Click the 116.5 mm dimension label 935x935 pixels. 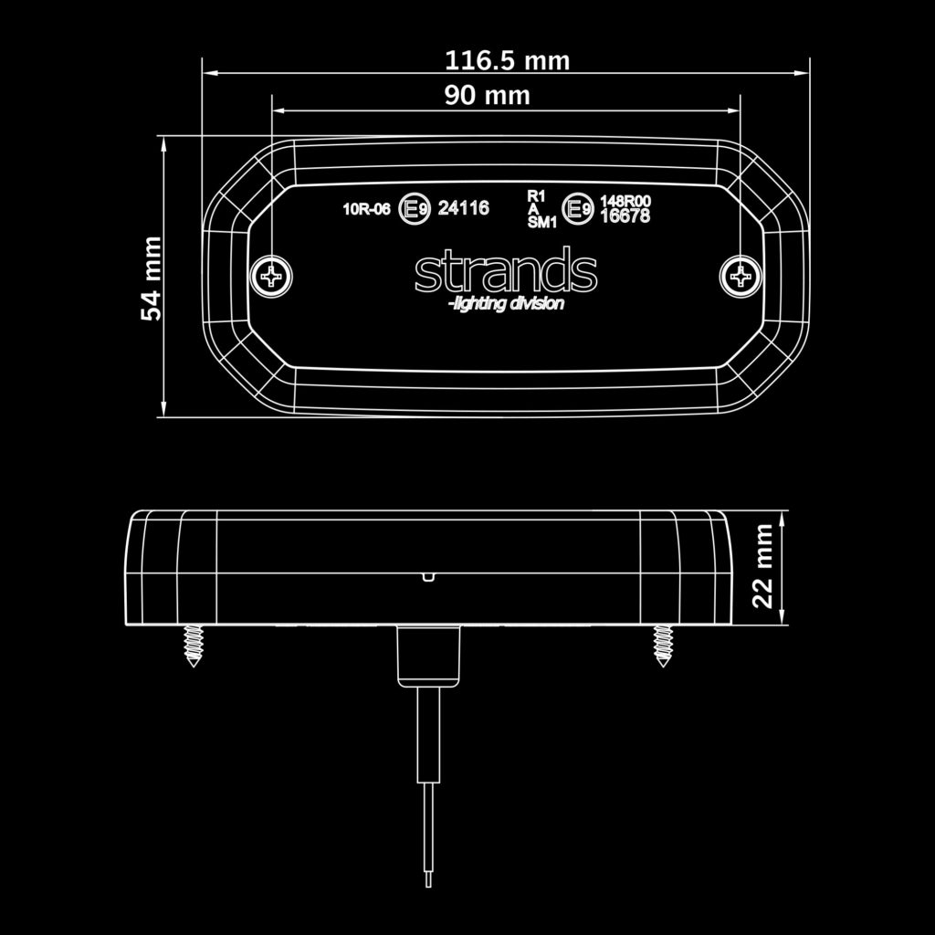pyautogui.click(x=507, y=61)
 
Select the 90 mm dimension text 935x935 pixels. pyautogui.click(x=487, y=95)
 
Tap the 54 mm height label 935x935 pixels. pyautogui.click(x=152, y=278)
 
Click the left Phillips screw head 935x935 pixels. pyautogui.click(x=272, y=275)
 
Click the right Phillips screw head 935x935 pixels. pyautogui.click(x=739, y=275)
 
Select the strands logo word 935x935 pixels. pyautogui.click(x=506, y=271)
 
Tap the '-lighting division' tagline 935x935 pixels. pyautogui.click(x=506, y=304)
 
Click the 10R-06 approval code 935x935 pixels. pyautogui.click(x=366, y=209)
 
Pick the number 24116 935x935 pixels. pyautogui.click(x=464, y=208)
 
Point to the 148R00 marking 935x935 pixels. pyautogui.click(x=624, y=202)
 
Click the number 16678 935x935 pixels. pyautogui.click(x=624, y=216)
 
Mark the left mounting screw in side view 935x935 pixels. pyautogui.click(x=193, y=646)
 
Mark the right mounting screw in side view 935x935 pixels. pyautogui.click(x=662, y=646)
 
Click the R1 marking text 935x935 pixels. pyautogui.click(x=536, y=195)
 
